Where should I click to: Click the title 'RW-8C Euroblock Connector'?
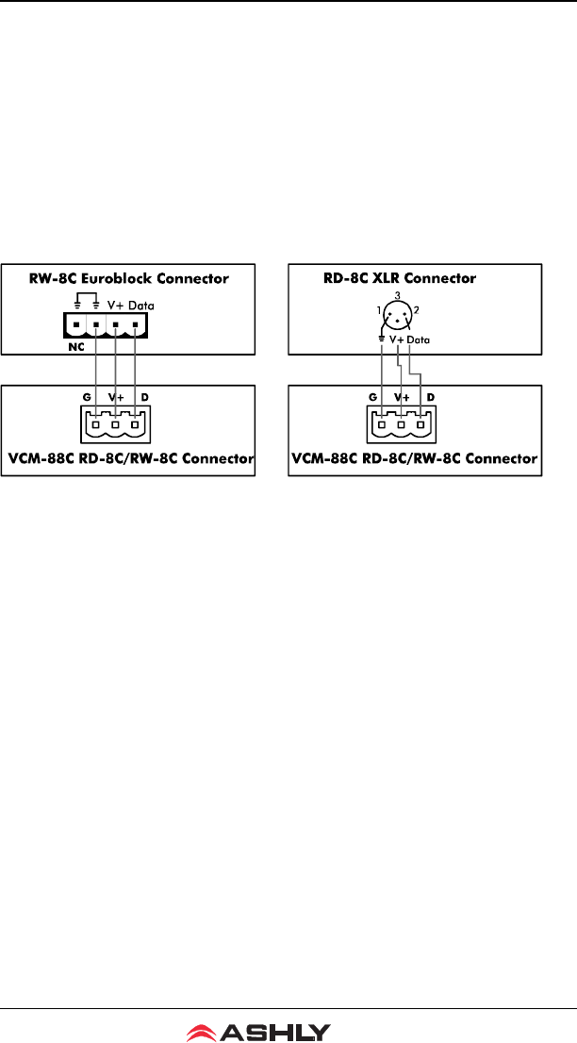(129, 279)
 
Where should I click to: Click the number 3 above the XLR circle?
(399, 296)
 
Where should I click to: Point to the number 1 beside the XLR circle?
(377, 310)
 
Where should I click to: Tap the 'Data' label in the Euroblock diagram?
(141, 306)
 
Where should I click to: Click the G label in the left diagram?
(87, 398)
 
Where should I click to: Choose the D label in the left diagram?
(145, 398)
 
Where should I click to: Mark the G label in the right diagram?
(375, 398)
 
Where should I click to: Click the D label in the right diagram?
(431, 398)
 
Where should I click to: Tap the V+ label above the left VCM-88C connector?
(116, 398)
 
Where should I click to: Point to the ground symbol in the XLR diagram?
(381, 338)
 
